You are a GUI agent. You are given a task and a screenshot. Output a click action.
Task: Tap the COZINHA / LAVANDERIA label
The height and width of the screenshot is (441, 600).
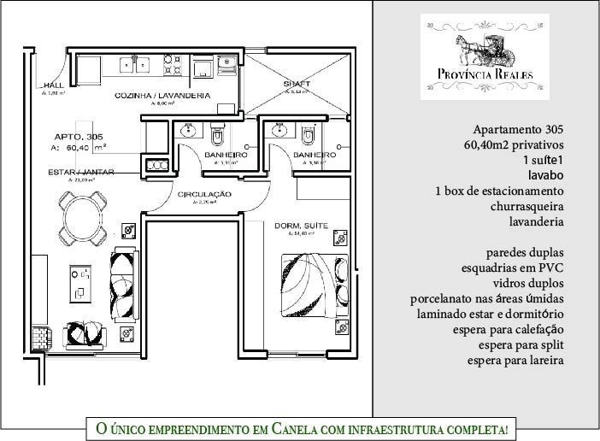[162, 97]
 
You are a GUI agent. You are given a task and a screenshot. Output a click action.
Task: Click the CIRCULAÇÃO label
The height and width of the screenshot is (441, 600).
[205, 195]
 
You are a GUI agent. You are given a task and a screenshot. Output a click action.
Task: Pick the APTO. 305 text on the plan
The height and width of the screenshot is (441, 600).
[79, 137]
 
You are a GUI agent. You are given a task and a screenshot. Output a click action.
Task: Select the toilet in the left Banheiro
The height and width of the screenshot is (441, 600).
[217, 135]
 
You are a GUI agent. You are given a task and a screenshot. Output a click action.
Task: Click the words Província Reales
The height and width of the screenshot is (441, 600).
[484, 74]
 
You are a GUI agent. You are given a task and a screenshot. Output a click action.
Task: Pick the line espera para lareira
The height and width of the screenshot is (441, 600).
[515, 360]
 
